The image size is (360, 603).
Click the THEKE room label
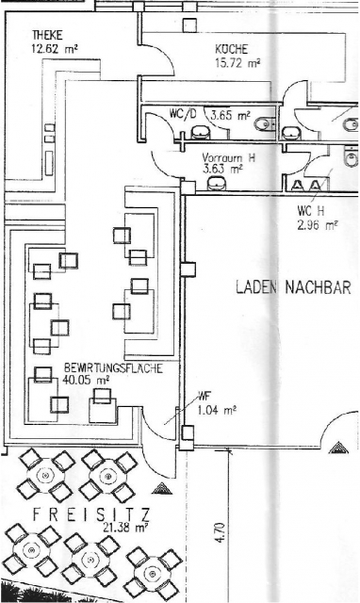(x=47, y=36)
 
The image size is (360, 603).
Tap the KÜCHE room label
(x=232, y=50)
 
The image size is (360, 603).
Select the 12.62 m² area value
(x=56, y=49)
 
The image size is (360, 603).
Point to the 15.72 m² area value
(x=237, y=63)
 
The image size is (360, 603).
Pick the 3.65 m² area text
(x=230, y=115)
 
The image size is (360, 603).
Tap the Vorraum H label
(x=228, y=157)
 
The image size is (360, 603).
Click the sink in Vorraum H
(x=218, y=184)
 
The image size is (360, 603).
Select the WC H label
(x=311, y=211)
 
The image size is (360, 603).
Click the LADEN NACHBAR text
(x=293, y=287)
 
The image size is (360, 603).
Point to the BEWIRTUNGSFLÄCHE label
(x=113, y=368)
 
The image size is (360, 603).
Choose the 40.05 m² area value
(x=86, y=381)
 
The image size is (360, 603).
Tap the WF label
(x=204, y=396)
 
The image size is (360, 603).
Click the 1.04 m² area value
(x=217, y=410)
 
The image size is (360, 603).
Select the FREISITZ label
(x=91, y=514)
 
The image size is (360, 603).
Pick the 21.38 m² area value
(x=125, y=528)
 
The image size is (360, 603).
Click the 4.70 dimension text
(x=220, y=531)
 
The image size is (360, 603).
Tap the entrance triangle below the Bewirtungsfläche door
(x=161, y=488)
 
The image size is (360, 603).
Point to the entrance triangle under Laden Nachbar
(x=338, y=448)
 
